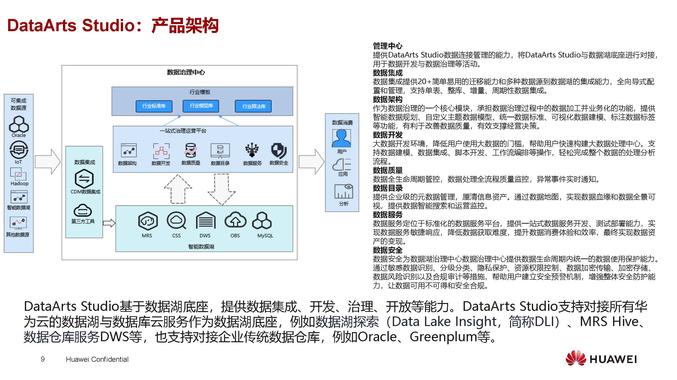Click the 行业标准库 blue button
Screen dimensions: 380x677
click(154, 106)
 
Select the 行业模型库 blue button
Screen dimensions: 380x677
click(201, 106)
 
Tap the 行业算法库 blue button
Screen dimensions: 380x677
click(253, 106)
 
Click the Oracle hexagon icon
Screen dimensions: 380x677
click(19, 124)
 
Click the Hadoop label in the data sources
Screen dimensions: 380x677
click(20, 183)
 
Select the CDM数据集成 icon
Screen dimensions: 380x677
click(84, 179)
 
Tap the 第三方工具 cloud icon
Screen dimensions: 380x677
click(82, 210)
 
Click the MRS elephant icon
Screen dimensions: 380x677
click(148, 221)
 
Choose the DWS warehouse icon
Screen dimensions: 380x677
click(206, 221)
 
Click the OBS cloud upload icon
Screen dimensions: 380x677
click(235, 220)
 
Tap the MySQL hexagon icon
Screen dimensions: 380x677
click(262, 221)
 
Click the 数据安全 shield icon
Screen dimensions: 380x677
click(279, 151)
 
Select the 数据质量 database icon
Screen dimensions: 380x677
click(191, 150)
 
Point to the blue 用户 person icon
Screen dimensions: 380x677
click(341, 138)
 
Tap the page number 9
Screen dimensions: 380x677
click(43, 359)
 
